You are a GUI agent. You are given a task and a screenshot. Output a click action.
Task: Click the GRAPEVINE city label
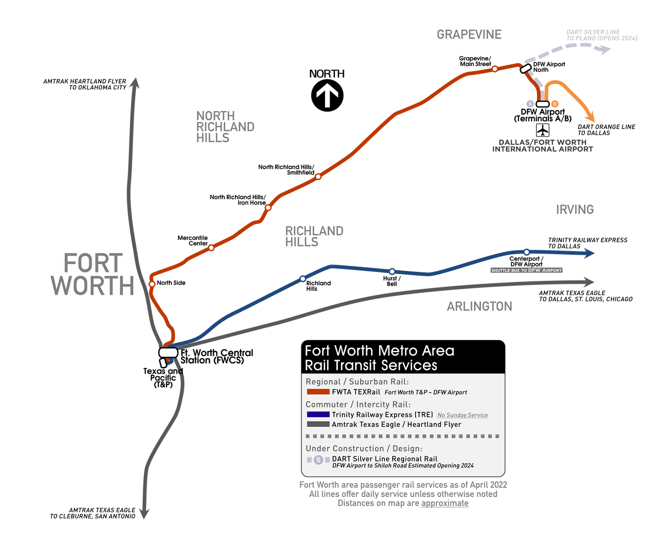pyautogui.click(x=469, y=34)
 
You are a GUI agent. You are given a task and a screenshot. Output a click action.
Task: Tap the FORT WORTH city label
pyautogui.click(x=93, y=274)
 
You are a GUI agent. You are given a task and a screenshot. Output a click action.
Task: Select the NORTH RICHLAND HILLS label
pyautogui.click(x=225, y=127)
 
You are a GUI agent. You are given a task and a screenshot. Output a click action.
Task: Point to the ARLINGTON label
pyautogui.click(x=479, y=307)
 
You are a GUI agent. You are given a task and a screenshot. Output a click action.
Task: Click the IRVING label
pyautogui.click(x=575, y=210)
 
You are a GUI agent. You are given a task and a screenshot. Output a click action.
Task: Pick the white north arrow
pyautogui.click(x=327, y=95)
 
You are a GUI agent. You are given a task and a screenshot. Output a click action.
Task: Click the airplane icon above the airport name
pyautogui.click(x=543, y=131)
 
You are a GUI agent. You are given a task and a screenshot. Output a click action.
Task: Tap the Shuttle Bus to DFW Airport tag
pyautogui.click(x=526, y=270)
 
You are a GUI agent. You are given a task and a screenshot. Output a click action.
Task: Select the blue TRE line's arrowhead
pyautogui.click(x=589, y=253)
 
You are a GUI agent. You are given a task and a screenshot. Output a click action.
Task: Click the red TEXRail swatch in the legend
pyautogui.click(x=318, y=392)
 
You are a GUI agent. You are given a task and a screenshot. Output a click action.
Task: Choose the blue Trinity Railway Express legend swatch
pyautogui.click(x=318, y=415)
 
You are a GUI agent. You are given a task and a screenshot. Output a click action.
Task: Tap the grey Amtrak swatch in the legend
pyautogui.click(x=318, y=424)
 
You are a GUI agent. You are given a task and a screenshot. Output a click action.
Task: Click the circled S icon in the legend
pyautogui.click(x=319, y=460)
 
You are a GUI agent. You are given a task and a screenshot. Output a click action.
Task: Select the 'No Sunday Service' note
pyautogui.click(x=462, y=415)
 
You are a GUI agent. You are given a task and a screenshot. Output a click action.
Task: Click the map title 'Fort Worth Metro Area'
pyautogui.click(x=379, y=351)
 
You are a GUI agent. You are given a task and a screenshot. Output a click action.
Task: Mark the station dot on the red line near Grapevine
pyautogui.click(x=495, y=69)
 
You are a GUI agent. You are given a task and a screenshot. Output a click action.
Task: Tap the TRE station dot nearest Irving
pyautogui.click(x=527, y=252)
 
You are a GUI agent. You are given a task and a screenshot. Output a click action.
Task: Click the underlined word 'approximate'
pyautogui.click(x=445, y=503)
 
